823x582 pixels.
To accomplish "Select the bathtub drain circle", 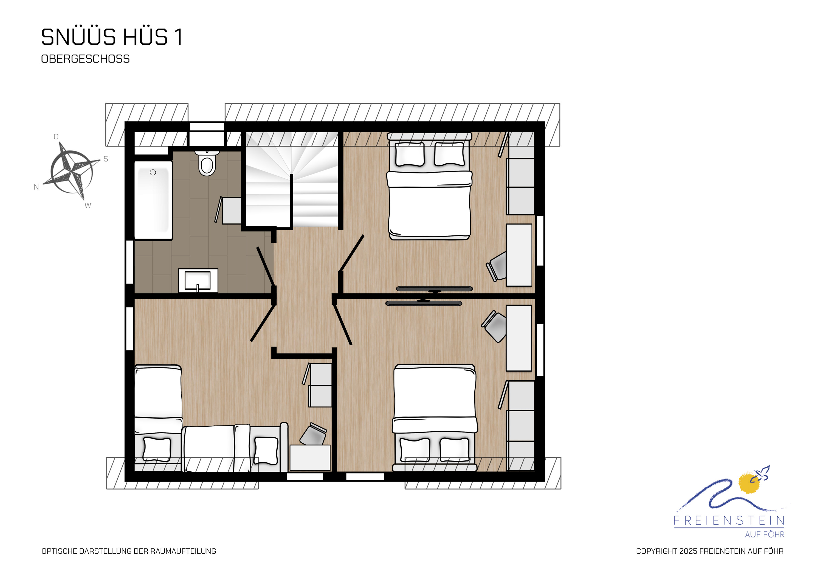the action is click(153, 173).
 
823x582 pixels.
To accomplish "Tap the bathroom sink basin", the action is click(198, 280).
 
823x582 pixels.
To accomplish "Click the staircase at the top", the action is click(291, 179).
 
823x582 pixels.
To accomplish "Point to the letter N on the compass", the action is click(36, 187).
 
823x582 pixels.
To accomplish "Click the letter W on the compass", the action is click(88, 206).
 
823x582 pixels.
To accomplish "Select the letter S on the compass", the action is click(106, 159).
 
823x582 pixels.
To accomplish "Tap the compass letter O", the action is click(56, 137).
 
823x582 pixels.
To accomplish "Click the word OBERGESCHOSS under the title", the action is click(85, 59).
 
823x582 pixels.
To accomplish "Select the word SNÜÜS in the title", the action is click(78, 37).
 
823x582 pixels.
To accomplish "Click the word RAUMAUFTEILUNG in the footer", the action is click(183, 551).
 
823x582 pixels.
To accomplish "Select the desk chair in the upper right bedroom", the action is click(497, 266).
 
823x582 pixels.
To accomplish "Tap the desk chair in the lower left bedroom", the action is click(313, 434).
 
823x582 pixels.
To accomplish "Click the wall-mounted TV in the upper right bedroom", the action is click(435, 289).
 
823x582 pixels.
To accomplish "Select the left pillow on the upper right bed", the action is click(410, 154).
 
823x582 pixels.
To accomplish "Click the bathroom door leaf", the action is click(266, 266).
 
